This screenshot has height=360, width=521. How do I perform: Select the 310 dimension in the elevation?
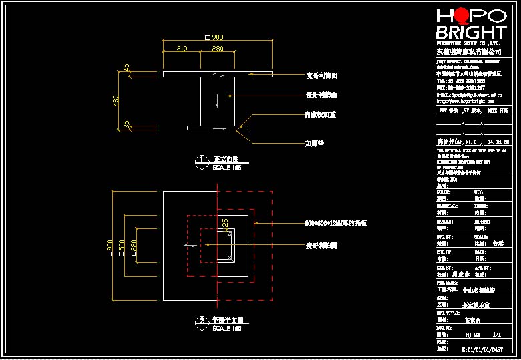coord(182,49)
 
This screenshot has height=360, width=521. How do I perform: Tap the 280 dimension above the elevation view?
coord(218,49)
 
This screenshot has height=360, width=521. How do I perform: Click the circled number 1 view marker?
coord(202,160)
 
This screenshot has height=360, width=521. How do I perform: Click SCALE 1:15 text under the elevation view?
coord(227,168)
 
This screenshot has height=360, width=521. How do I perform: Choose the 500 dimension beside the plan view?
coord(122,246)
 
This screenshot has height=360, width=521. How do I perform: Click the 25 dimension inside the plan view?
coord(225,222)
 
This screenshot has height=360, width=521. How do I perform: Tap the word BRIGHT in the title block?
coord(471,33)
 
